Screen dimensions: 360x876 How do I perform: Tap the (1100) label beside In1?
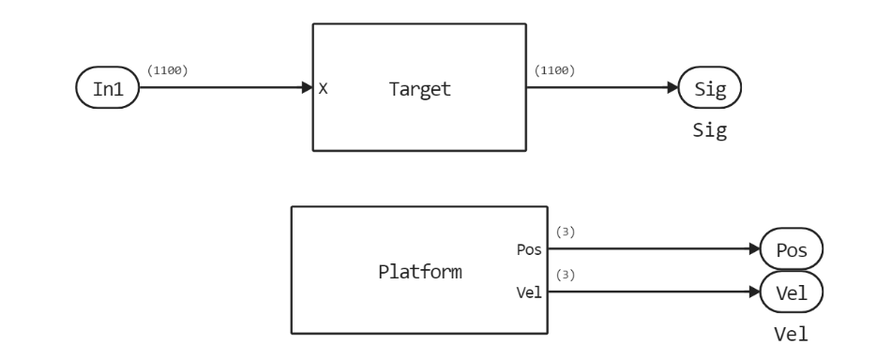point(168,69)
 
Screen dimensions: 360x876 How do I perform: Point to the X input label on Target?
point(323,89)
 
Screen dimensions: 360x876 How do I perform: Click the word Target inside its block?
point(418,89)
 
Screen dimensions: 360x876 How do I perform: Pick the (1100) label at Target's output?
point(554,69)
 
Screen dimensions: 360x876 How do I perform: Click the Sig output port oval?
point(710,89)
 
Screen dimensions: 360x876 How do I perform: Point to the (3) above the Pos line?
point(566,232)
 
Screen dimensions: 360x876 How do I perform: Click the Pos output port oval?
point(791,251)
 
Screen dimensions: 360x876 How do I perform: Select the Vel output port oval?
point(791,292)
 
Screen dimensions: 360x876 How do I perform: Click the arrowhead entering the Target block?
point(307,89)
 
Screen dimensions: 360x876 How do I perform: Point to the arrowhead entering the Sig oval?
point(672,89)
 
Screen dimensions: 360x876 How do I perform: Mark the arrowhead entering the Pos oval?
point(753,251)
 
